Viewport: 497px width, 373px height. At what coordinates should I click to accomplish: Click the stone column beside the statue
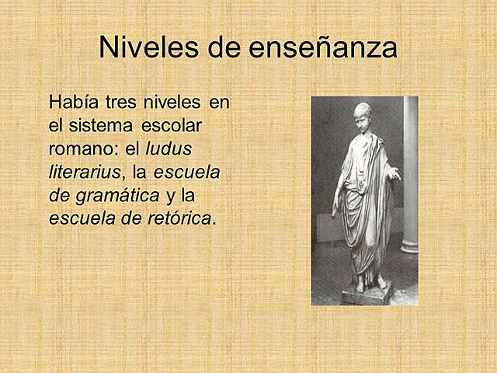(409, 179)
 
